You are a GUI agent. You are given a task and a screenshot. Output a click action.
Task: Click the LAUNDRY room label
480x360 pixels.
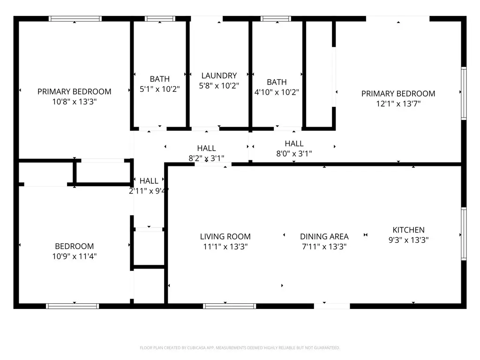coord(219,75)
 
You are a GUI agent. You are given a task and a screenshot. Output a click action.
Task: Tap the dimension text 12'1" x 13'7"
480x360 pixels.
coord(398,104)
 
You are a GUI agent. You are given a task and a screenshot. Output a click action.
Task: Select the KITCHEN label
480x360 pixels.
coord(408,230)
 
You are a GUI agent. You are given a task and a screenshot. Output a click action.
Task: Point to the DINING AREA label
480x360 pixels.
coord(324,236)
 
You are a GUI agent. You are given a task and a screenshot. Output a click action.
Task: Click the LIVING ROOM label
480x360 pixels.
coord(225,236)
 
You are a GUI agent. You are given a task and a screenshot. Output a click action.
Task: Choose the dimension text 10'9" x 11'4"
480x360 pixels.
coord(74,256)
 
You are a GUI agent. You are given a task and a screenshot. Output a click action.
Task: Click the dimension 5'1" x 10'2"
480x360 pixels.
coord(159,89)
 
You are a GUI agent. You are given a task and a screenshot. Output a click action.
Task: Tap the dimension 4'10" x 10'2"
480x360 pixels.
coord(277,92)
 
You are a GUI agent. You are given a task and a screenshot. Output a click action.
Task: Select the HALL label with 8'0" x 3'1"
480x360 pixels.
coord(294,143)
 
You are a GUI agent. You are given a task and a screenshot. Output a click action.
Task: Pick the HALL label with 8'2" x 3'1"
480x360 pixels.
coord(206,148)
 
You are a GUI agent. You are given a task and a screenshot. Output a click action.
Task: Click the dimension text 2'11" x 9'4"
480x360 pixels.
coord(149,191)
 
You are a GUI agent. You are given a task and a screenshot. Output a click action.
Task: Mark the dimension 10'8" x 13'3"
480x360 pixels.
coord(74,102)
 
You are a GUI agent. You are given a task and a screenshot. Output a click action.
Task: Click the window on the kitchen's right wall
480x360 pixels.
coord(464,233)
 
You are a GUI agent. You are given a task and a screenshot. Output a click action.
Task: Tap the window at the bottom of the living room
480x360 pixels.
coord(229,306)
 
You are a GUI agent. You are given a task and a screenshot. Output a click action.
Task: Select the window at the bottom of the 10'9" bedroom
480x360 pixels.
coord(72,306)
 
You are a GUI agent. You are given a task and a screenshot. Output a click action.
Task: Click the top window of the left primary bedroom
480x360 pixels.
coord(75,19)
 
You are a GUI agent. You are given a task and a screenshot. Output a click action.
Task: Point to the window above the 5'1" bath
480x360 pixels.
coord(160,19)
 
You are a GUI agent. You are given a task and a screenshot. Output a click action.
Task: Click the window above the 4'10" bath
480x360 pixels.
coord(276,19)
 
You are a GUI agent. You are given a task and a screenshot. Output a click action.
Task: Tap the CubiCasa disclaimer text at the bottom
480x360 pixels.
coord(240,348)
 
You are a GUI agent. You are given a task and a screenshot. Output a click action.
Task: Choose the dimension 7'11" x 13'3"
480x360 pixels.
coord(324,247)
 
